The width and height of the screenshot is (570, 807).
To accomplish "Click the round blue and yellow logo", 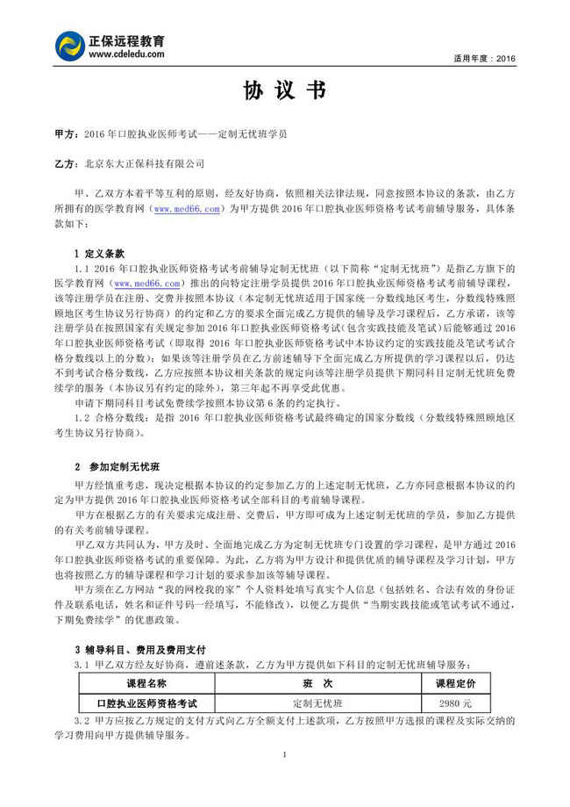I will [70, 47].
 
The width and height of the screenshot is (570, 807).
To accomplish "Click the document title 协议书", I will [285, 90].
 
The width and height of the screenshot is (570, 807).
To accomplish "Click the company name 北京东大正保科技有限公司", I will [145, 163].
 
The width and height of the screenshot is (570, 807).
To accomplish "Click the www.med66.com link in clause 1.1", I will [147, 283].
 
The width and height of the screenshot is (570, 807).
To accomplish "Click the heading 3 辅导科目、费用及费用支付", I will [140, 650].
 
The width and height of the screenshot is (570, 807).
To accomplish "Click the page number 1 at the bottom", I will [285, 755].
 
